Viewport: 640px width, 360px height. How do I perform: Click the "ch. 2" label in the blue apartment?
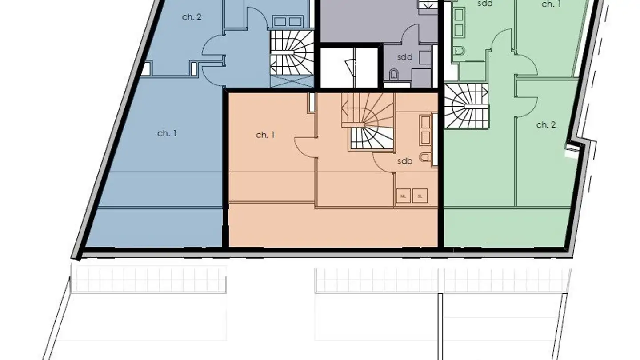click(x=192, y=17)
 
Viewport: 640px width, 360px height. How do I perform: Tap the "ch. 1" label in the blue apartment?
click(x=167, y=133)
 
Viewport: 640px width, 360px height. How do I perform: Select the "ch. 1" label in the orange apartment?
click(x=265, y=135)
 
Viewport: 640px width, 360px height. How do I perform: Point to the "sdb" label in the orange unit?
click(x=405, y=161)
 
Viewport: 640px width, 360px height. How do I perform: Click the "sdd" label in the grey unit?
click(x=405, y=57)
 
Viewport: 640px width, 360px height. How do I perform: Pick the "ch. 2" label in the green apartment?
click(x=546, y=125)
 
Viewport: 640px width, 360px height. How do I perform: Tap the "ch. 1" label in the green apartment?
click(x=551, y=4)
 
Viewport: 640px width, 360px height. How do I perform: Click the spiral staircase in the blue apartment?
click(x=292, y=52)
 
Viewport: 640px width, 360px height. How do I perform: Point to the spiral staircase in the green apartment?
click(x=466, y=106)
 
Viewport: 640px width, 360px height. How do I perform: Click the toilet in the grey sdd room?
click(x=394, y=74)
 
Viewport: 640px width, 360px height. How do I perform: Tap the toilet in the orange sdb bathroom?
click(x=424, y=156)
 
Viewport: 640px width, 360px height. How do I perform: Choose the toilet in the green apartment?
click(x=460, y=52)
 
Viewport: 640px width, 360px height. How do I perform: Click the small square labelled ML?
click(x=403, y=196)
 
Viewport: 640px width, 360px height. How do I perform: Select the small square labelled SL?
click(x=420, y=196)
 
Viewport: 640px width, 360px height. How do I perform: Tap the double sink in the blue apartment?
click(x=288, y=21)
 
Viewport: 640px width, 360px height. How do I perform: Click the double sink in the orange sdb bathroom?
click(x=425, y=129)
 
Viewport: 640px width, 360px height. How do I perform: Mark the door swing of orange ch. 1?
click(x=305, y=147)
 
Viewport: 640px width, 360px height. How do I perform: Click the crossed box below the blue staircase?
click(x=292, y=81)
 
